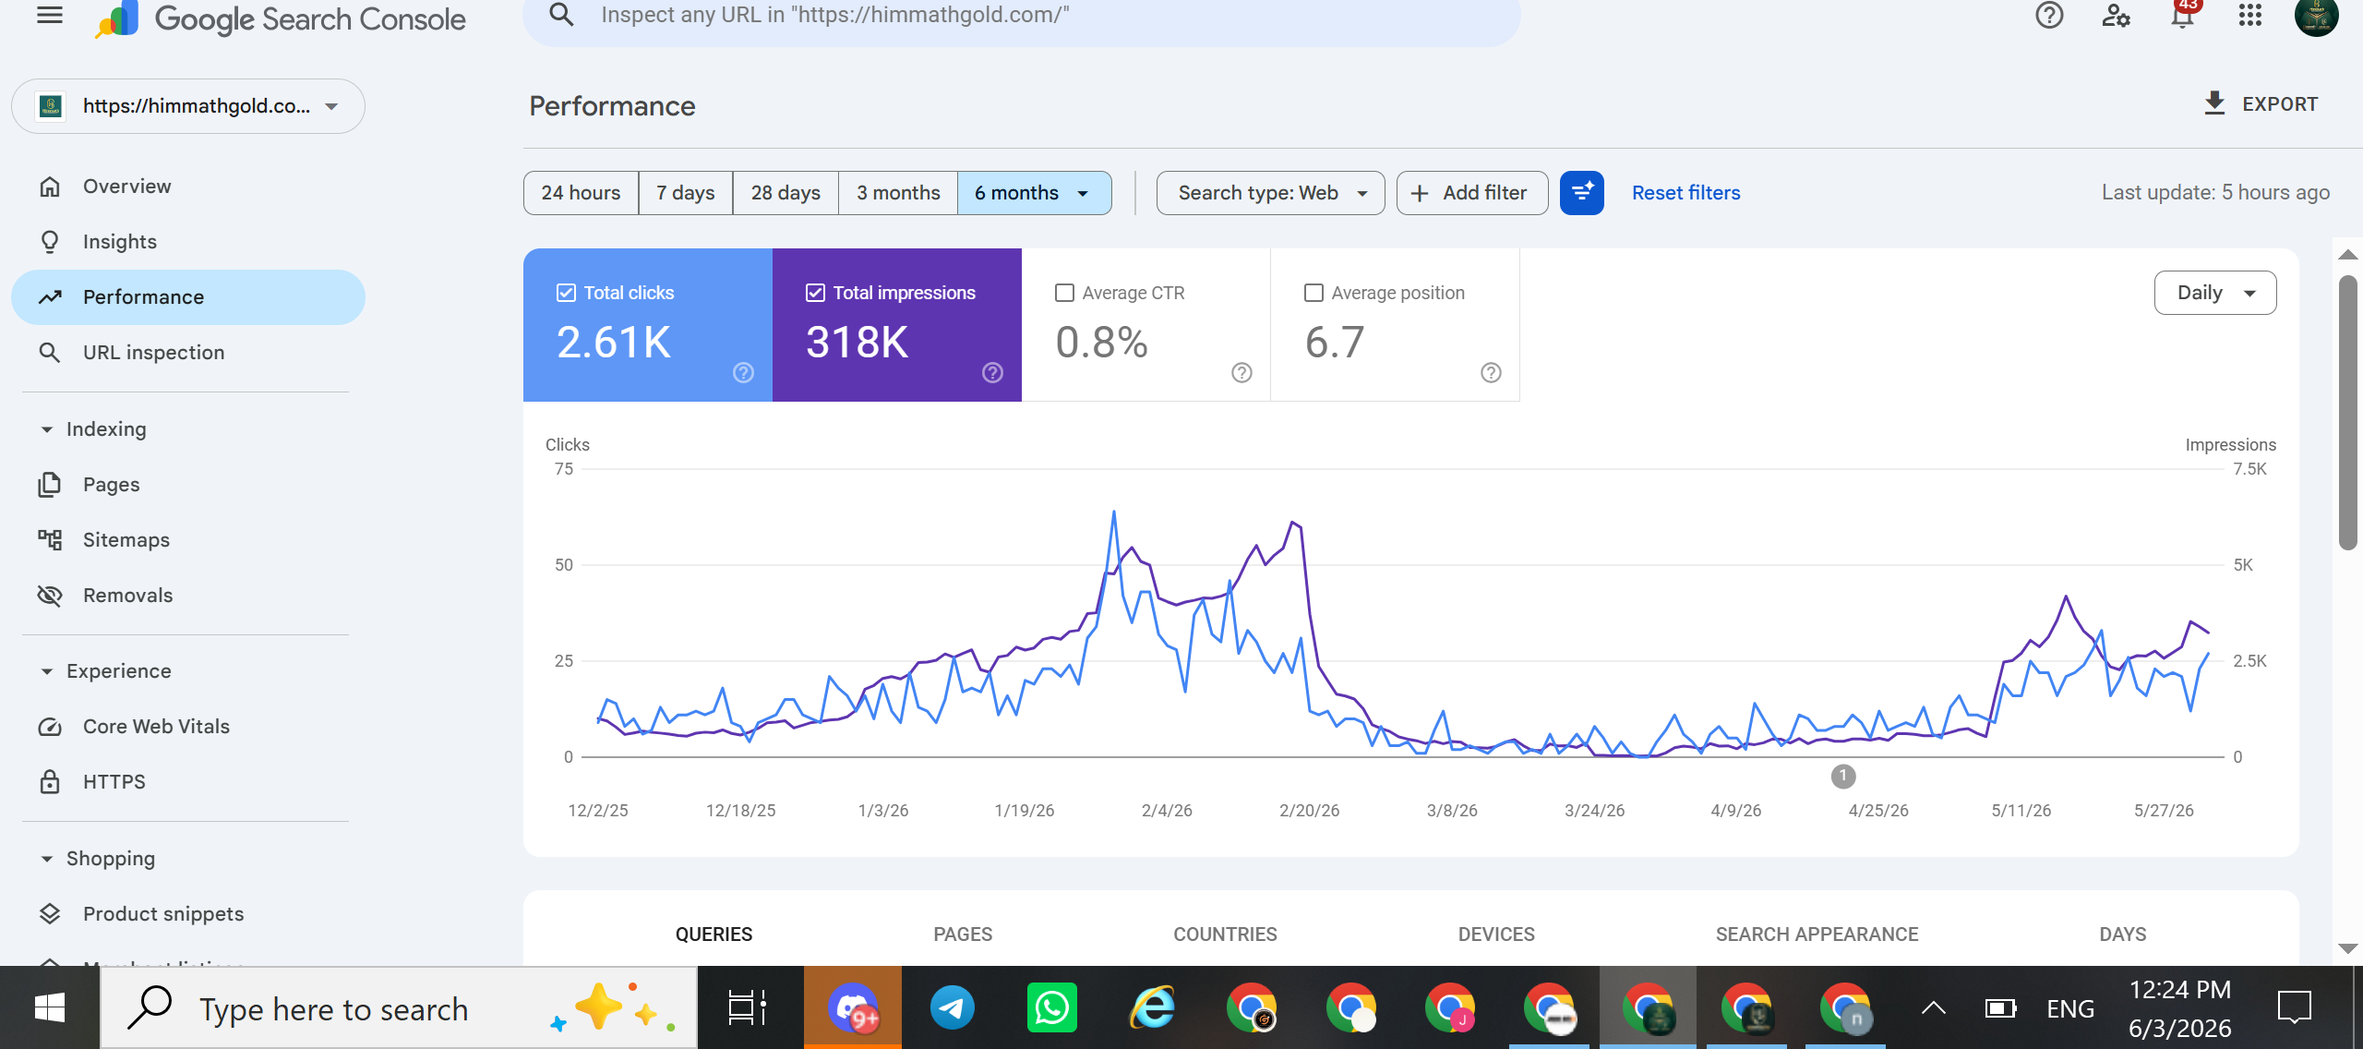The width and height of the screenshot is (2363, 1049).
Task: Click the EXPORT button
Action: click(2261, 103)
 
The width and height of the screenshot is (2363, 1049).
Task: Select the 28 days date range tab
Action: click(786, 193)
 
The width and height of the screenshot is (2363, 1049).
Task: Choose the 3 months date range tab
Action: click(898, 193)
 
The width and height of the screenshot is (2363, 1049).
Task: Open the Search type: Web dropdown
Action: click(1271, 193)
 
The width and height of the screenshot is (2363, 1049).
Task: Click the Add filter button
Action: click(1472, 193)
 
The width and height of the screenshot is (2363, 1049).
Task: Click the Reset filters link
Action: click(1685, 193)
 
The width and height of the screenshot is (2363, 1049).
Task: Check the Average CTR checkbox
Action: click(1064, 293)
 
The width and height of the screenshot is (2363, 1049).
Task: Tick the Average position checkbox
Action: click(1313, 293)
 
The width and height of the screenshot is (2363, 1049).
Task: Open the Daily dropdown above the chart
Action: click(2215, 293)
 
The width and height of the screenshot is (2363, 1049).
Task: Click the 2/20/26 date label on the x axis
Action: click(1309, 811)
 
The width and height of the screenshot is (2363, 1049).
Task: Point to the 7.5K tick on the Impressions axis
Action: click(2249, 469)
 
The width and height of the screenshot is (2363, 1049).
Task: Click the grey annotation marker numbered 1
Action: click(1843, 777)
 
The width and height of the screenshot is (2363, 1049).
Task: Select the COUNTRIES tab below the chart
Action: click(1225, 934)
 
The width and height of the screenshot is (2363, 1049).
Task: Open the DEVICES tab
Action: click(1496, 934)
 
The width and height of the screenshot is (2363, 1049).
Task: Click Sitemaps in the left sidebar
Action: click(126, 540)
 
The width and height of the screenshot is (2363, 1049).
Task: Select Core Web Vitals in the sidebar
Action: click(156, 727)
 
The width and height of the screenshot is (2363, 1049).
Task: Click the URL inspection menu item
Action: click(153, 353)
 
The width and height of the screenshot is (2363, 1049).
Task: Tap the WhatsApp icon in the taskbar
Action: click(1051, 1007)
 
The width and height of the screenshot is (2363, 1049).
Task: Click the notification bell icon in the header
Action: click(2183, 16)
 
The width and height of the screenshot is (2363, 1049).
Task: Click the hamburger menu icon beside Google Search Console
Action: click(50, 15)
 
